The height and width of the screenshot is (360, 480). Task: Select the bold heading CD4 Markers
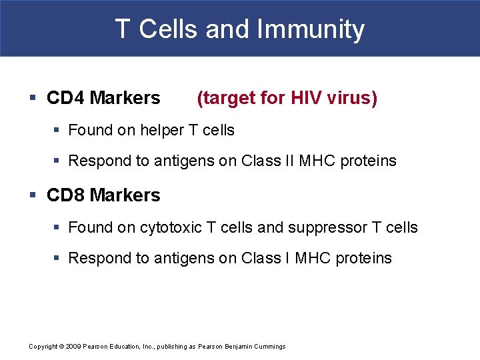(103, 98)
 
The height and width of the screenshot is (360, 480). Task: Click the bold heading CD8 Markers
(103, 195)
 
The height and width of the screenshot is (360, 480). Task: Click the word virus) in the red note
(353, 98)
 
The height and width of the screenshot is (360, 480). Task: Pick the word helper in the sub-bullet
(162, 130)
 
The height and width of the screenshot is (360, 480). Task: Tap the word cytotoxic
(171, 227)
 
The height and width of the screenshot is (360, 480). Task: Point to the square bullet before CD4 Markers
(33, 99)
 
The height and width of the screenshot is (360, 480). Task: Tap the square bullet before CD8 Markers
(33, 196)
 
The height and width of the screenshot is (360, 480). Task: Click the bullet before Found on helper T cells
(58, 131)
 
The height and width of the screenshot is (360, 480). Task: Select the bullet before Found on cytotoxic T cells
(58, 228)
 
